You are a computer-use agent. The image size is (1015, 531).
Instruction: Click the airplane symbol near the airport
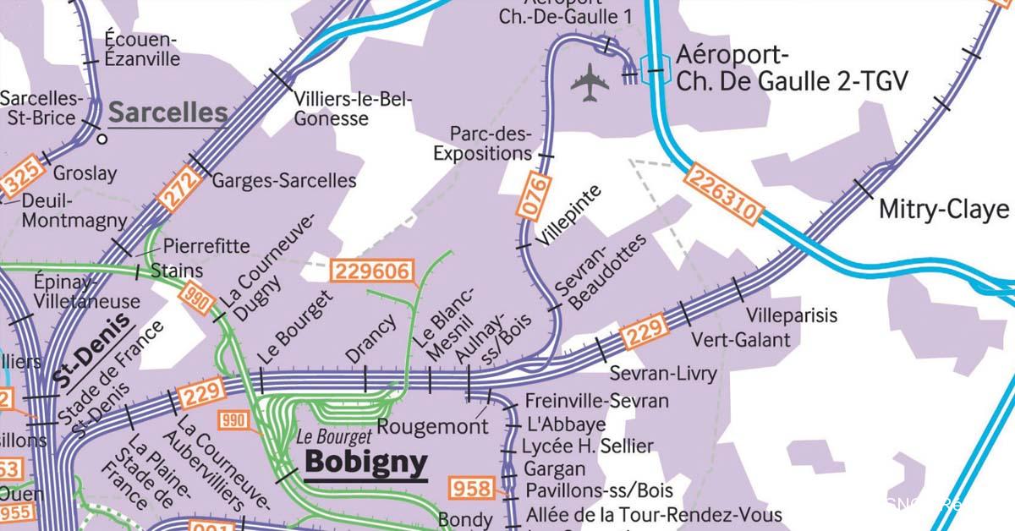pos(590,82)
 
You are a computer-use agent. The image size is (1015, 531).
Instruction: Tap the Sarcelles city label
pos(168,112)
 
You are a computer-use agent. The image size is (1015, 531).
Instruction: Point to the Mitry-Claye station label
pos(944,209)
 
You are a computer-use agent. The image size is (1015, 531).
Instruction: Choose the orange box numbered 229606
pos(374,271)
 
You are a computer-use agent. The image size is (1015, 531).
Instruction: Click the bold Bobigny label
pos(365,463)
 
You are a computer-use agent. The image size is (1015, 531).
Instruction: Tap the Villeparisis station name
pos(792,315)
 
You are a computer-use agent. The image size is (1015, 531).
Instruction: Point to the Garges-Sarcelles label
pos(283,180)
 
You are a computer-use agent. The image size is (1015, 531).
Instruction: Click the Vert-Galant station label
pos(741,340)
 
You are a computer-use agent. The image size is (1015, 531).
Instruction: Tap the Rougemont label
pos(432,426)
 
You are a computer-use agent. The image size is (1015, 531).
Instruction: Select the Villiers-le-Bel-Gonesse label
pos(353,109)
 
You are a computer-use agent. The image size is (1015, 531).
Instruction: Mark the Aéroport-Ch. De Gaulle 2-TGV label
pos(791,69)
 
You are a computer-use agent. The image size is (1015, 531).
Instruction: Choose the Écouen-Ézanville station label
pos(142,49)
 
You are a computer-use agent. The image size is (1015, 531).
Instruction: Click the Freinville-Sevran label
pos(596,401)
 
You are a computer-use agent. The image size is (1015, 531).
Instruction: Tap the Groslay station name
pos(85,173)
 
